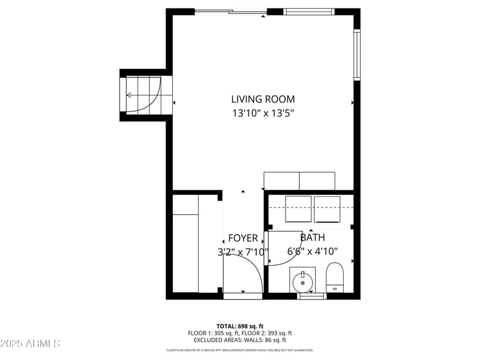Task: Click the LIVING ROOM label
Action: pyautogui.click(x=263, y=99)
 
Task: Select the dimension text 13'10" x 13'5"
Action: pyautogui.click(x=263, y=112)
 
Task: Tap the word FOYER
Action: pyautogui.click(x=243, y=238)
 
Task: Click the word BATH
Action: pyautogui.click(x=312, y=238)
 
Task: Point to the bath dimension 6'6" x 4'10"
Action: pyautogui.click(x=313, y=251)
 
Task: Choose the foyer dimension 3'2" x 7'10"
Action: pyautogui.click(x=243, y=252)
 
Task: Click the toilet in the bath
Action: pyautogui.click(x=334, y=277)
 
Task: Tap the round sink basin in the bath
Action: pyautogui.click(x=302, y=280)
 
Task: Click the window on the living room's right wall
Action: pyautogui.click(x=356, y=55)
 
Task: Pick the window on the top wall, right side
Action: pyautogui.click(x=308, y=11)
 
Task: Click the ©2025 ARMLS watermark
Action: pyautogui.click(x=30, y=344)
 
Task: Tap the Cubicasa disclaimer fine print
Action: pyautogui.click(x=239, y=350)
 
